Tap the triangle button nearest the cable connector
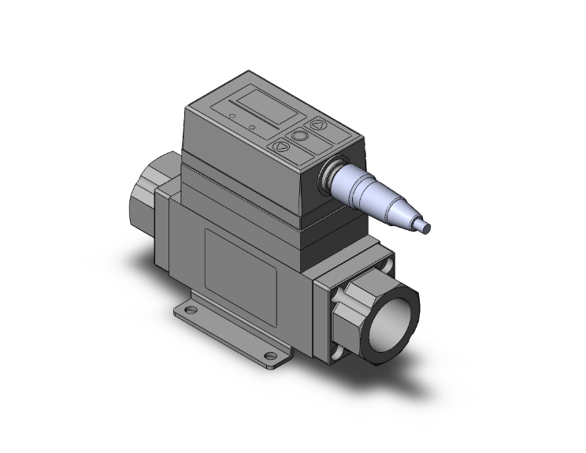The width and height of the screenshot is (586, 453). point(319,125)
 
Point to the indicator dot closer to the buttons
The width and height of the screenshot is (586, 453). point(251,126)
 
